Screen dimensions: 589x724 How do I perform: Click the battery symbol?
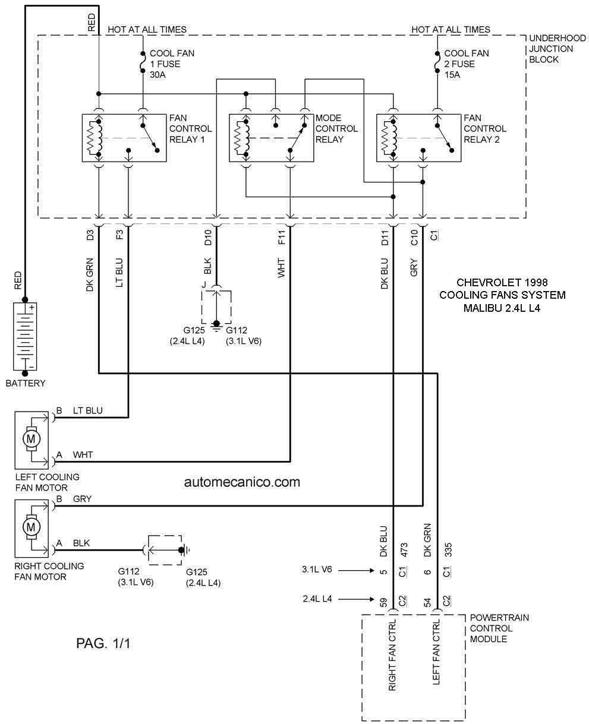[25, 336]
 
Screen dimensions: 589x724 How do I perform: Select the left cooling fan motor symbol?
[32, 440]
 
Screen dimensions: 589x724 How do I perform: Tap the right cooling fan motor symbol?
[32, 528]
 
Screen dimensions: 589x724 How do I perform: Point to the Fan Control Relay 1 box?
[124, 138]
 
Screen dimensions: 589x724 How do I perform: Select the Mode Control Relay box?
[272, 138]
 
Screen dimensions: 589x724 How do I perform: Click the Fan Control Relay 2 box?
[418, 138]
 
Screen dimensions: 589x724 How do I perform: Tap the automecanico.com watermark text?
[242, 482]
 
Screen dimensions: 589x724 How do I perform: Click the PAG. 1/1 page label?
[103, 643]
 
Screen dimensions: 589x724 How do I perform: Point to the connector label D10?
[208, 237]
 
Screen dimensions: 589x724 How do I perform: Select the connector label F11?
[282, 237]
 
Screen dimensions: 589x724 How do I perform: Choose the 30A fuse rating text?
[158, 75]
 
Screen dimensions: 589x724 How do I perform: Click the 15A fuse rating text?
[452, 75]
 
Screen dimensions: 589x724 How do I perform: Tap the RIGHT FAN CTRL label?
[392, 655]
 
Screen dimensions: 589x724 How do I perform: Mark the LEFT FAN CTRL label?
[436, 652]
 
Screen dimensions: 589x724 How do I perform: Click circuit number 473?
[404, 550]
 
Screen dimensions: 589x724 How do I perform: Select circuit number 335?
[448, 550]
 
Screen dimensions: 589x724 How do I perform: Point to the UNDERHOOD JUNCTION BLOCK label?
[557, 49]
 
